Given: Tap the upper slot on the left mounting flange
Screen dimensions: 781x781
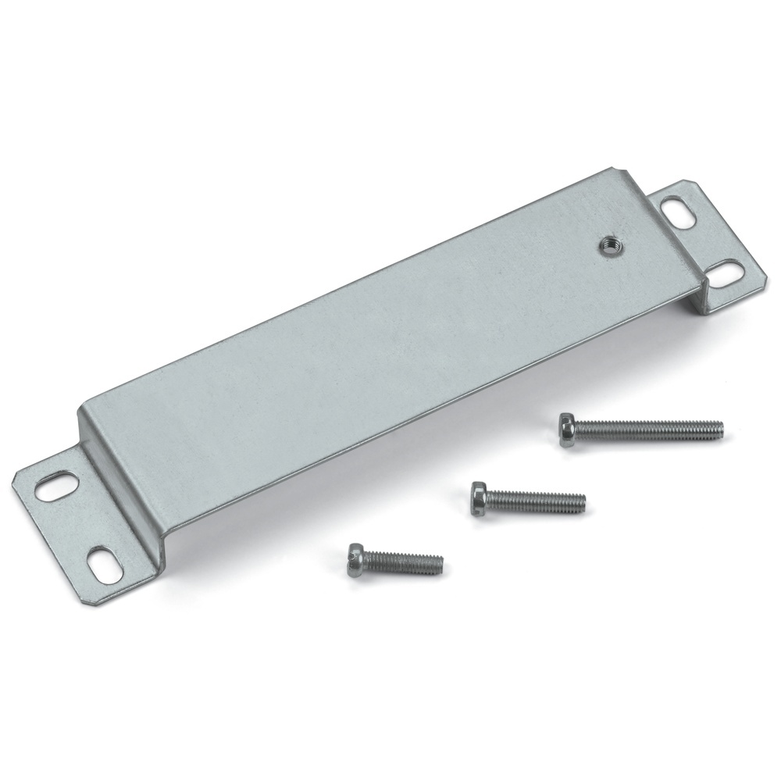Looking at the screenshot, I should pos(53,486).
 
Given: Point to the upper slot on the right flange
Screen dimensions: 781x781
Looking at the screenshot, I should pos(676,212).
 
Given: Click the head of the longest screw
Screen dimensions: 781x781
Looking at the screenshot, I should pos(568,430).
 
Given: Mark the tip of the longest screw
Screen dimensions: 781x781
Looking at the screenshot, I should pos(720,429).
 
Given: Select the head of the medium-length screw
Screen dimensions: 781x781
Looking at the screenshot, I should pos(479,497).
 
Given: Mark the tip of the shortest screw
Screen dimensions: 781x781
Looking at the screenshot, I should pos(440,562).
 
